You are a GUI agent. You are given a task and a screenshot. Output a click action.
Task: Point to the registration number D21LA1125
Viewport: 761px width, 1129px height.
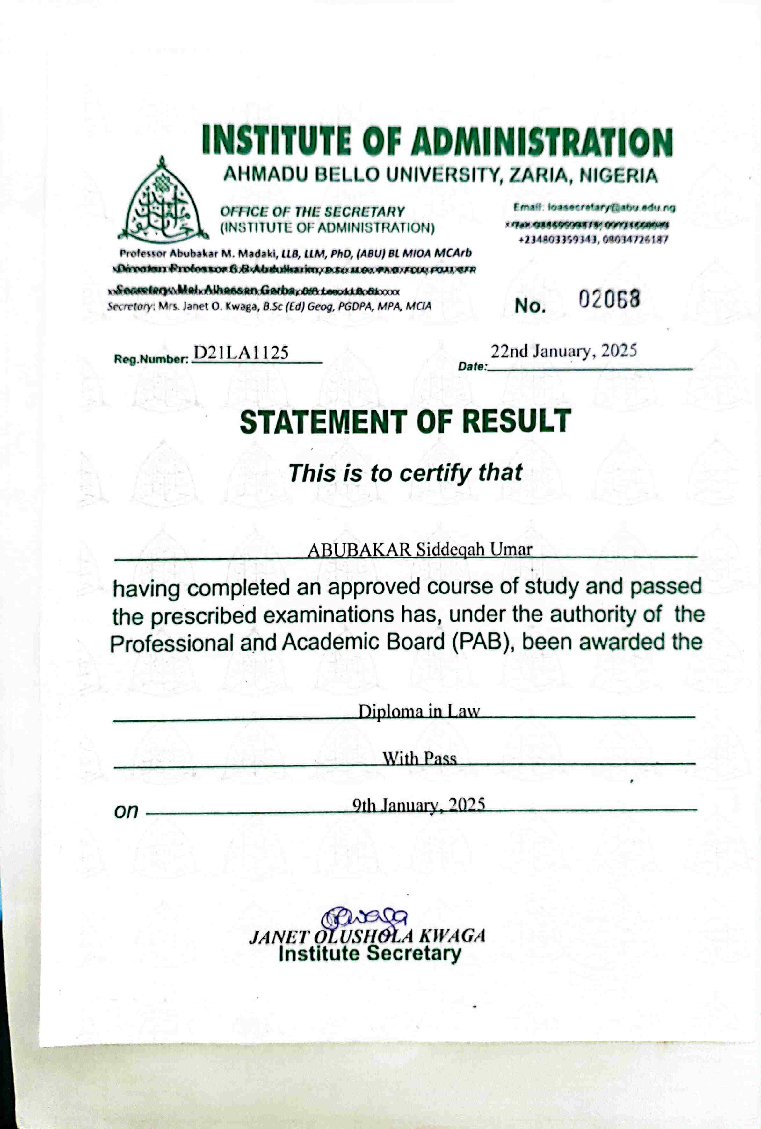(x=241, y=353)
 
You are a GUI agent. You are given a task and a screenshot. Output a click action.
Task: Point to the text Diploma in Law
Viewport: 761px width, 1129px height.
(x=419, y=711)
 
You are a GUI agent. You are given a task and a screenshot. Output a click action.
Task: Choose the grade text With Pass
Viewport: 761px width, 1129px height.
(x=419, y=758)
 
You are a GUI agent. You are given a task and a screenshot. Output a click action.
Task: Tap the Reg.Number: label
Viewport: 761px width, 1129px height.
(x=151, y=360)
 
